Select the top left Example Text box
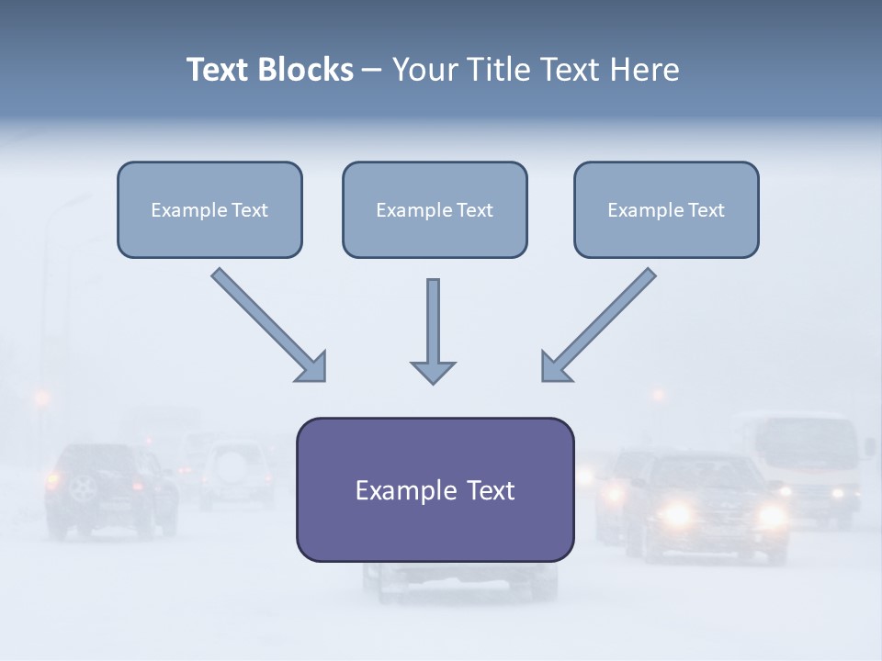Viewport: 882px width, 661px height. pos(209,210)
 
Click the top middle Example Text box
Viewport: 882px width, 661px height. pos(435,210)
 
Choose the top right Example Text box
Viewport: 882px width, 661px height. pos(666,210)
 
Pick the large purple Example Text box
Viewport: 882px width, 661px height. pos(435,489)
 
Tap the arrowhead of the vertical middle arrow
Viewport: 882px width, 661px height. pos(433,371)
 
